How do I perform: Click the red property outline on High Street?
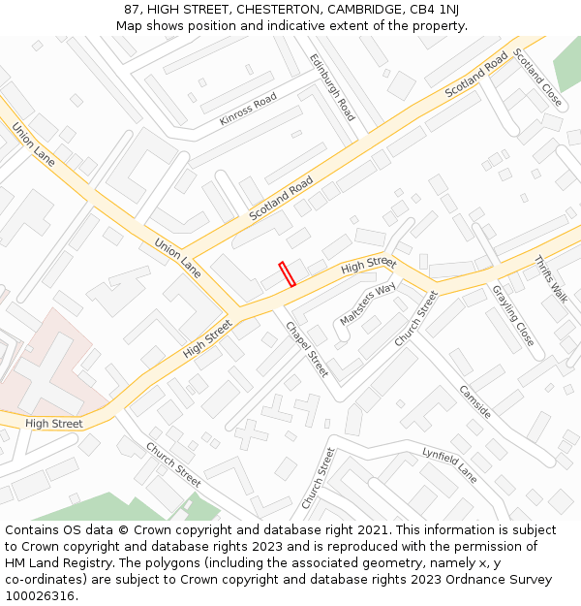[287, 273]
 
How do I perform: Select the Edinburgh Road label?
[332, 87]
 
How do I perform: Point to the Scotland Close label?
[537, 77]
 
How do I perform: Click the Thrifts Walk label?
[552, 279]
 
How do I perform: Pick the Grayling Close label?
[512, 315]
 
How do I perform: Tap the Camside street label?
[474, 401]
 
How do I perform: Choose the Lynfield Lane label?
[449, 465]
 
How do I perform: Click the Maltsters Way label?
[368, 304]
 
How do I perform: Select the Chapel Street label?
[307, 349]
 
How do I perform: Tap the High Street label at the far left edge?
[53, 424]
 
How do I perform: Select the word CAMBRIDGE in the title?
[358, 9]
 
